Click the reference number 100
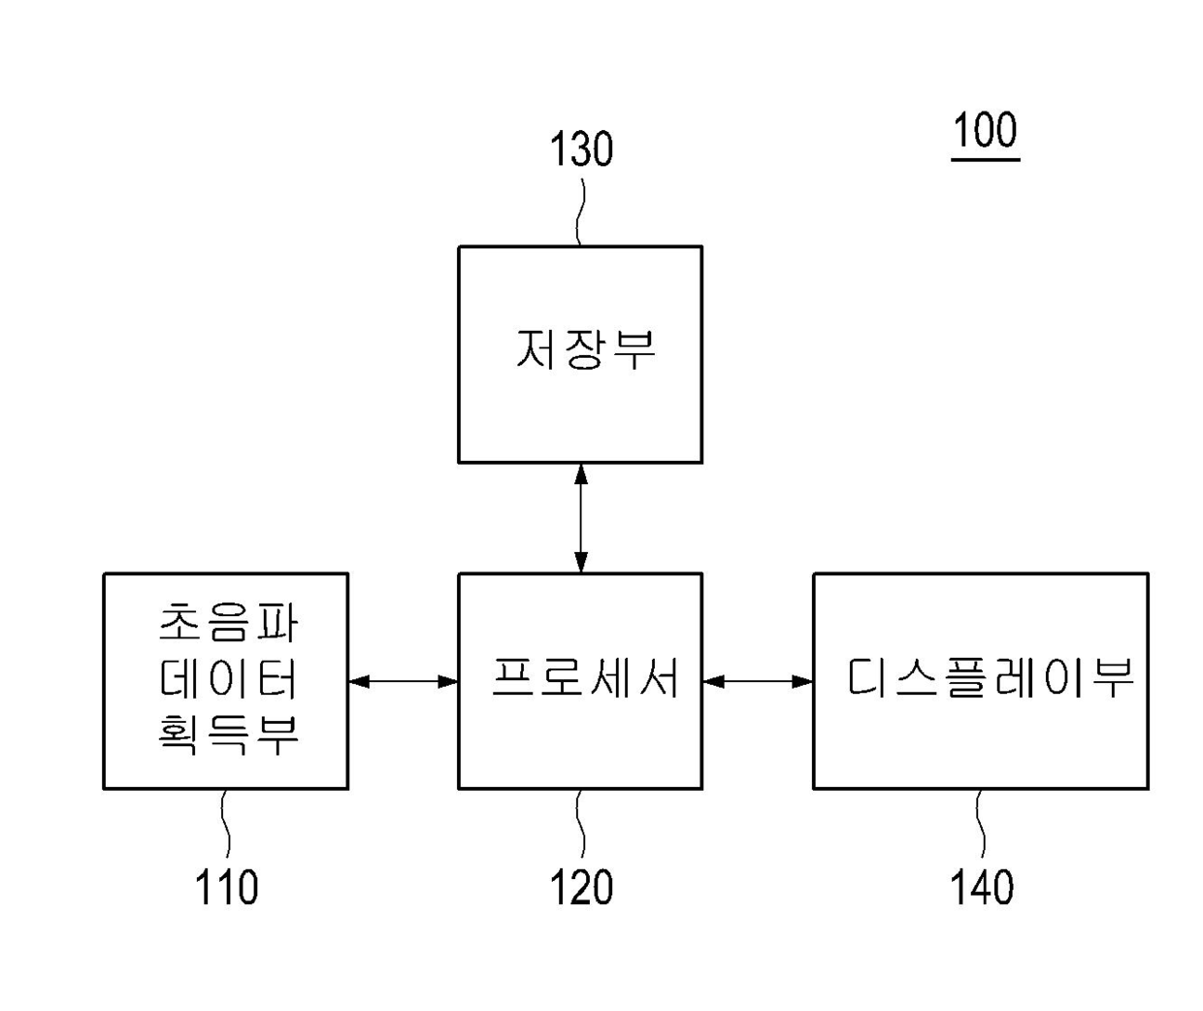(985, 130)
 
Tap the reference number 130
(581, 150)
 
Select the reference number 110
(226, 888)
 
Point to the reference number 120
(581, 888)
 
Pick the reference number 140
(982, 888)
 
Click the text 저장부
(585, 349)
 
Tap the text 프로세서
(585, 678)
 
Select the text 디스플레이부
(990, 678)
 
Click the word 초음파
(229, 623)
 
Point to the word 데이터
(229, 679)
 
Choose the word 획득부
(229, 734)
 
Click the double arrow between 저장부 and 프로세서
(580, 518)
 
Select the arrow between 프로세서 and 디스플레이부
(758, 681)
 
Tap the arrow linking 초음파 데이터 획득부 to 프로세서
(403, 681)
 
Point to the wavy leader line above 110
(226, 825)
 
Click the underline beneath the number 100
(985, 158)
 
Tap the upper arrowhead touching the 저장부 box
(580, 473)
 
